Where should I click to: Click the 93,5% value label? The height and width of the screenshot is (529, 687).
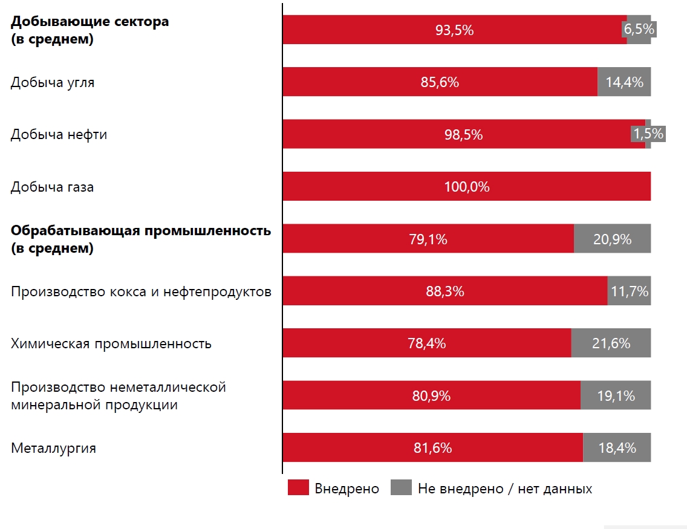tap(454, 30)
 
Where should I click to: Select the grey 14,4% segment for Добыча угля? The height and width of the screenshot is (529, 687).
tap(624, 82)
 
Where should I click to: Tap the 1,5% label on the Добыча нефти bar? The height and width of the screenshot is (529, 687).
tap(648, 134)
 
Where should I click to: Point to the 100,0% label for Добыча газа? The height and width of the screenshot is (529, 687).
tap(467, 187)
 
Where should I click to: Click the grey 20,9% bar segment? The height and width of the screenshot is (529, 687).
tap(613, 239)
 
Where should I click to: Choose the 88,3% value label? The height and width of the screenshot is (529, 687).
tap(444, 291)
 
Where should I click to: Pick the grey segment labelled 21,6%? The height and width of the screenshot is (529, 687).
tap(611, 343)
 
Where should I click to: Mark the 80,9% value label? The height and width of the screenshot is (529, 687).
tap(431, 396)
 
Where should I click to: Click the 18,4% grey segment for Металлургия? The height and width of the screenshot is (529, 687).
tap(617, 447)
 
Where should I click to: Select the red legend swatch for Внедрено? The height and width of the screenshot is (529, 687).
tap(298, 487)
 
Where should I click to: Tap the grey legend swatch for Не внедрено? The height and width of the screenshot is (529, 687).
tap(402, 487)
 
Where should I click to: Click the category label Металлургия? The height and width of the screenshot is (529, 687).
tap(53, 449)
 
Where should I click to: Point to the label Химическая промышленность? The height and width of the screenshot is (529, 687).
tap(111, 344)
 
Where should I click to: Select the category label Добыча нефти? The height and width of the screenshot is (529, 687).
tap(59, 134)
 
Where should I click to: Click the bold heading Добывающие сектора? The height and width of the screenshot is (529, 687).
tap(90, 21)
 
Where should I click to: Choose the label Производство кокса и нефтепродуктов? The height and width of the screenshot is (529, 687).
tap(141, 291)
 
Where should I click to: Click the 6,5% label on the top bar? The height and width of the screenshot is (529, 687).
tap(639, 30)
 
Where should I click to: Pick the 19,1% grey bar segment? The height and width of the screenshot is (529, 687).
tap(616, 395)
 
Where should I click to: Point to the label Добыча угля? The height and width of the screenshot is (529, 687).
tap(53, 83)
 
